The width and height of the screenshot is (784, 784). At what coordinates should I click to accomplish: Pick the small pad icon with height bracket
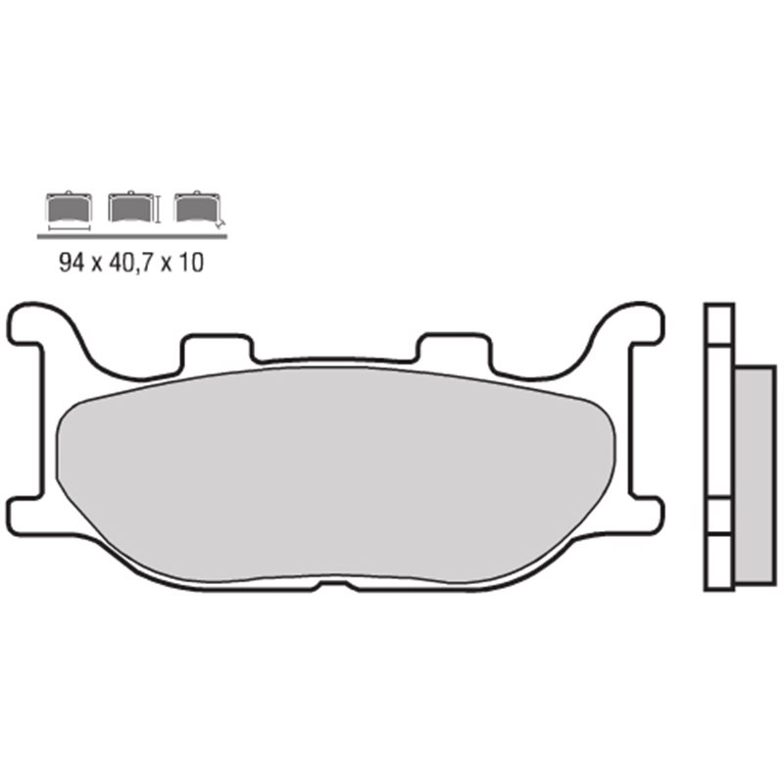131,207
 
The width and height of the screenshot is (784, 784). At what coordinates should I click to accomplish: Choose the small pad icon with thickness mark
195,207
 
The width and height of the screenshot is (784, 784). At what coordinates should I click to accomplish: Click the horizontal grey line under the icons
131,235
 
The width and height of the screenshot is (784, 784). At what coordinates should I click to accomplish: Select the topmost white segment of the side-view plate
719,322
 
